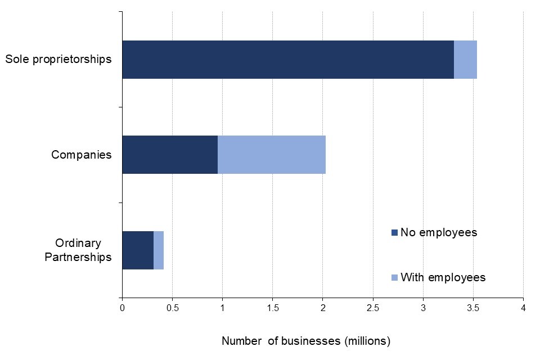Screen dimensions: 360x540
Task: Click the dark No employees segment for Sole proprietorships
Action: [287, 60]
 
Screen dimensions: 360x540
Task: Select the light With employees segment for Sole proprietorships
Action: [465, 60]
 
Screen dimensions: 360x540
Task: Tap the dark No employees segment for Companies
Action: [169, 155]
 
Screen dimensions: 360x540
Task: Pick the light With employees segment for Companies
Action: [271, 155]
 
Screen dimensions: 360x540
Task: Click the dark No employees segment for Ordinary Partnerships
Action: [137, 250]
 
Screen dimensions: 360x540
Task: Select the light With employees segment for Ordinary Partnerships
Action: [159, 250]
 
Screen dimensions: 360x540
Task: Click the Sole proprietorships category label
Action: [58, 59]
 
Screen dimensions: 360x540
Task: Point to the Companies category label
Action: [82, 155]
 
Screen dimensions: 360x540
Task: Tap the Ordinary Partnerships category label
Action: [83, 250]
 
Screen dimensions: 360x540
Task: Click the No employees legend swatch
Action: [394, 232]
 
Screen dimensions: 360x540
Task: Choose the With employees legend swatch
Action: [394, 277]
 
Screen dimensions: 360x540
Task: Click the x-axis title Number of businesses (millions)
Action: [305, 341]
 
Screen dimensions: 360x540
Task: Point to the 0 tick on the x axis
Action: [122, 308]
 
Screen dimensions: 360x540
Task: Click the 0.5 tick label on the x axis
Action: [172, 308]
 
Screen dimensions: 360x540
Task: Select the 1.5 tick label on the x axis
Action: [272, 308]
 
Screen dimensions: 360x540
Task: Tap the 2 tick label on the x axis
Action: [323, 308]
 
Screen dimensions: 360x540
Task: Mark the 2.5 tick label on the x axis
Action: [373, 308]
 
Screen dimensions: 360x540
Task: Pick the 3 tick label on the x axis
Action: [423, 308]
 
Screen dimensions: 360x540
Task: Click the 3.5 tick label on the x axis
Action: [473, 308]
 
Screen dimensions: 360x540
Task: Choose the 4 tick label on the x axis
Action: [523, 308]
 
